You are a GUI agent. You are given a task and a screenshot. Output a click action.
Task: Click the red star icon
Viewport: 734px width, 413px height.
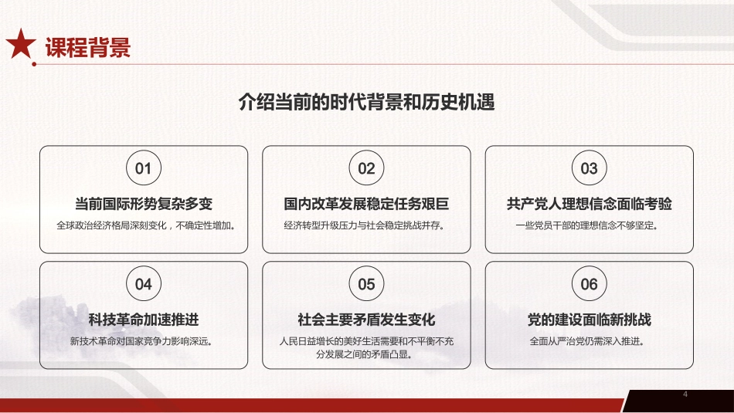(21, 46)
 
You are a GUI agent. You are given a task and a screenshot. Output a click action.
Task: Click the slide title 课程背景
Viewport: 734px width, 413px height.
(87, 47)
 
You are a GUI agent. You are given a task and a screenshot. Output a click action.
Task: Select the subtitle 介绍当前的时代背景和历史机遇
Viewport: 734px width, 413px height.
(366, 103)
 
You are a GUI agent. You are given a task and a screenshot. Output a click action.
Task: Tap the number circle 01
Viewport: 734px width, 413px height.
(144, 168)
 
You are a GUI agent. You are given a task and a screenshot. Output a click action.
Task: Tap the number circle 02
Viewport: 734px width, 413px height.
(366, 168)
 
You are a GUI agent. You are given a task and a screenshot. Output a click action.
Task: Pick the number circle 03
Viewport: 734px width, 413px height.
(589, 168)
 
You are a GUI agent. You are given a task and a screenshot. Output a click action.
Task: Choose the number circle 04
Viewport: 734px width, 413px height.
(144, 284)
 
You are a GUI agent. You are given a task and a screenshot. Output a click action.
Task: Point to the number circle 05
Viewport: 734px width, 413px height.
(366, 284)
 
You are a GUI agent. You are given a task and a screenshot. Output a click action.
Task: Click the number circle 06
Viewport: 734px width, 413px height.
(589, 284)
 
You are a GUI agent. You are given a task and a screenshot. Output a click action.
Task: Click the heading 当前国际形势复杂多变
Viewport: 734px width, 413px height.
(144, 205)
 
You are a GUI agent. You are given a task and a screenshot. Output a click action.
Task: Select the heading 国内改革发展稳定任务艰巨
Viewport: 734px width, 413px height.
(366, 205)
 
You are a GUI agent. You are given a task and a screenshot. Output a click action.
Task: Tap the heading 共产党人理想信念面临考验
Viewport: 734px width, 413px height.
(589, 205)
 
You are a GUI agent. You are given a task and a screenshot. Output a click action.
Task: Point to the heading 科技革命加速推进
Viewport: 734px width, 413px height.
(144, 320)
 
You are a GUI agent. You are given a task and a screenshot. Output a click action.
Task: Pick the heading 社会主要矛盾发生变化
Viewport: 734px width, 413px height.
(366, 320)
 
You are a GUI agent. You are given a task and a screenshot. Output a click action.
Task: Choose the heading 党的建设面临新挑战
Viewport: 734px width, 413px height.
(589, 320)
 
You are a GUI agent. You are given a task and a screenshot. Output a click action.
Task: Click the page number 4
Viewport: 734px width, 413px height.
(685, 395)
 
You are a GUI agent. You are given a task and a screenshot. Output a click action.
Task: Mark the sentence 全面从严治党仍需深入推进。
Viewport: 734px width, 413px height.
(589, 340)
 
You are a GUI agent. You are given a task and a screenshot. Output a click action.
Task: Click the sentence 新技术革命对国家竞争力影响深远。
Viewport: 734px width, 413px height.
(144, 340)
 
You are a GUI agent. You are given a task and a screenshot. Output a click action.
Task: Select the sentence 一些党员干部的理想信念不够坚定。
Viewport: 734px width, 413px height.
(589, 226)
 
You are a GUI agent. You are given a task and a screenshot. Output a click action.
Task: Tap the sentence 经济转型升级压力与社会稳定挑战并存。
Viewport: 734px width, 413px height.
(366, 226)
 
